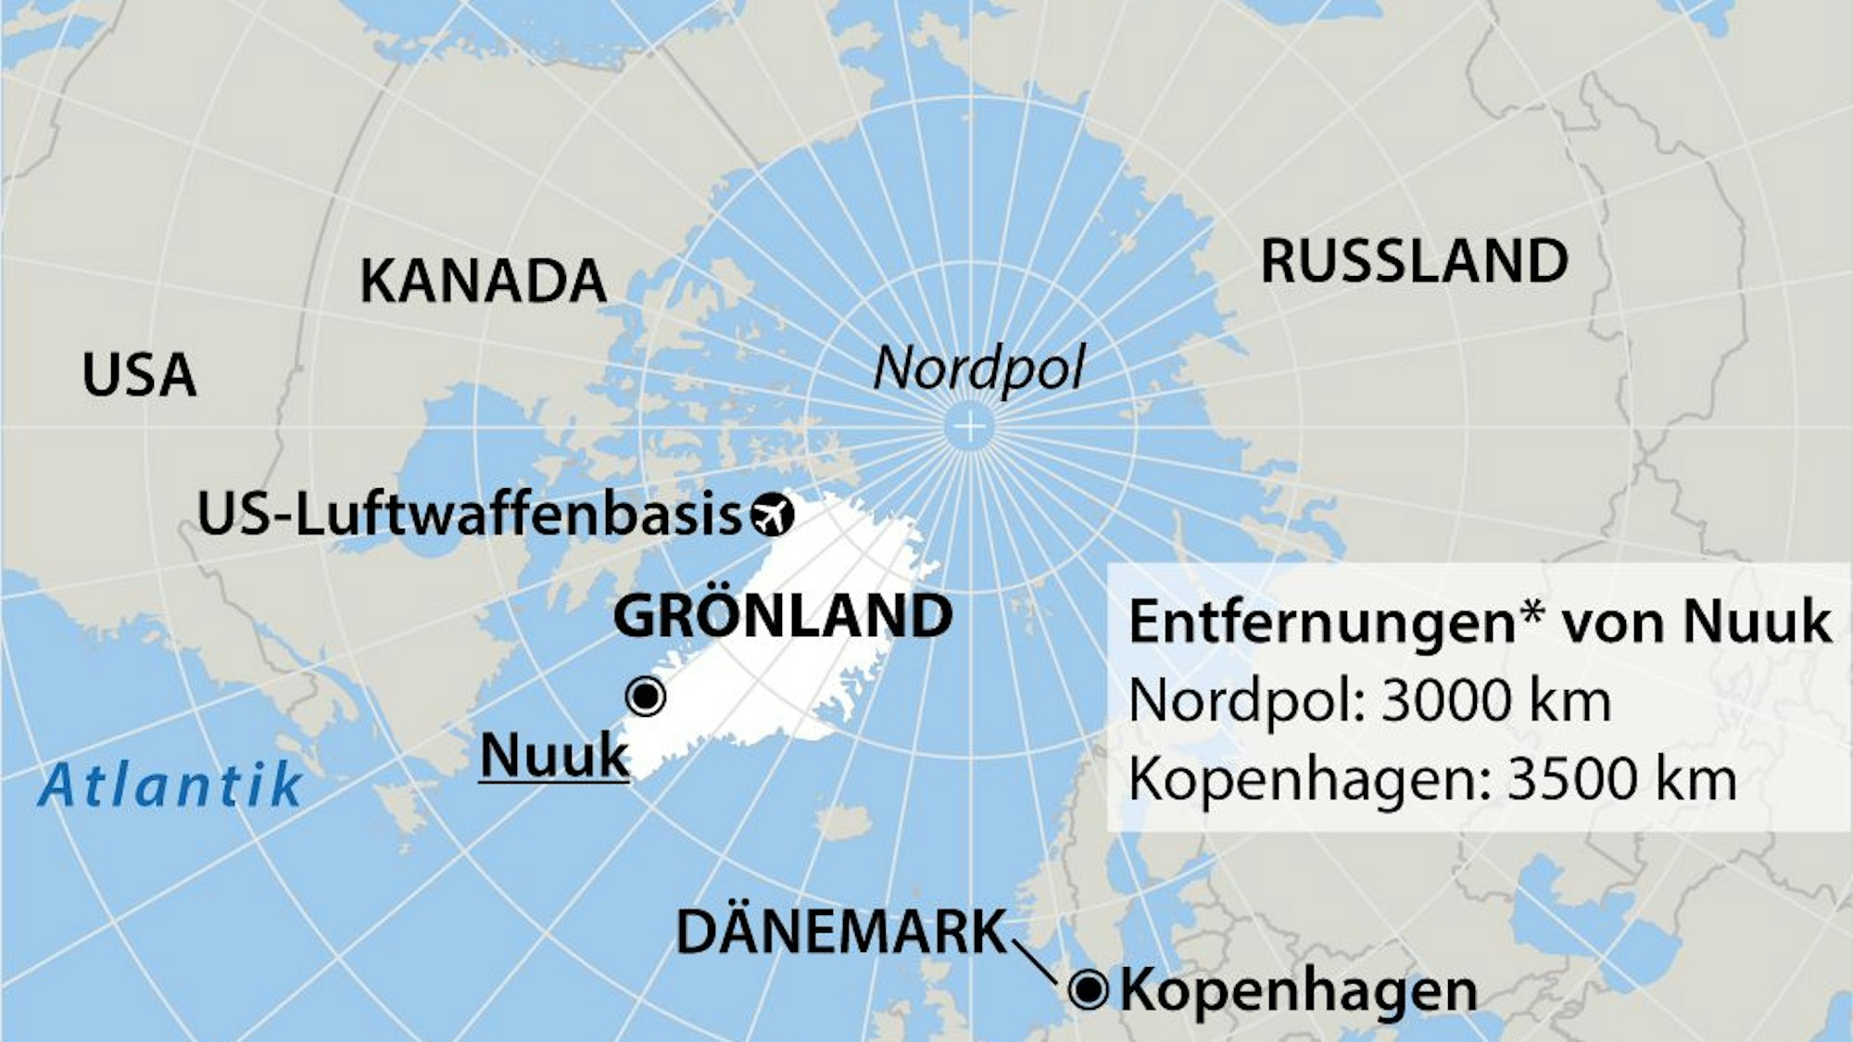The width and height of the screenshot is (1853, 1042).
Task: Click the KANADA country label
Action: click(483, 281)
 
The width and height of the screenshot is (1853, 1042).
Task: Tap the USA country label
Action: click(139, 375)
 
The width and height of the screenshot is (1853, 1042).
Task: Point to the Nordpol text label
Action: click(978, 369)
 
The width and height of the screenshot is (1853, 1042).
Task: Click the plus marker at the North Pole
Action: click(970, 427)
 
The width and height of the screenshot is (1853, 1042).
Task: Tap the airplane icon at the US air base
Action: click(773, 515)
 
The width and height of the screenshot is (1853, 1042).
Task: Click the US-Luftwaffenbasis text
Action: click(469, 515)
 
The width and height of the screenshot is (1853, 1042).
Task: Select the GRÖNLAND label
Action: click(783, 616)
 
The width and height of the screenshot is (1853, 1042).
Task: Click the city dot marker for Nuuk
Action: click(645, 696)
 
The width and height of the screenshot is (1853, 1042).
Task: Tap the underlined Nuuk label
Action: click(554, 756)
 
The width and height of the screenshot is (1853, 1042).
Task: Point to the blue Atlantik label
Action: click(171, 785)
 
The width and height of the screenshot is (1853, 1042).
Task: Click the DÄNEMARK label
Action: click(840, 932)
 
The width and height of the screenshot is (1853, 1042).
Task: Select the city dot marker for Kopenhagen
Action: click(1089, 990)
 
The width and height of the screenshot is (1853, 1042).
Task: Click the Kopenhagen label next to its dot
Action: click(1298, 991)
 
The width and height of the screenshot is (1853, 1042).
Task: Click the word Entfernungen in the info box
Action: click(1321, 622)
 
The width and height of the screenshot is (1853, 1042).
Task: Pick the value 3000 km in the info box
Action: click(1495, 701)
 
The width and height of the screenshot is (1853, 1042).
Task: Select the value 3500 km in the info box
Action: click(1621, 780)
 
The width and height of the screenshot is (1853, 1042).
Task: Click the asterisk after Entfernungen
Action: click(1533, 613)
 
